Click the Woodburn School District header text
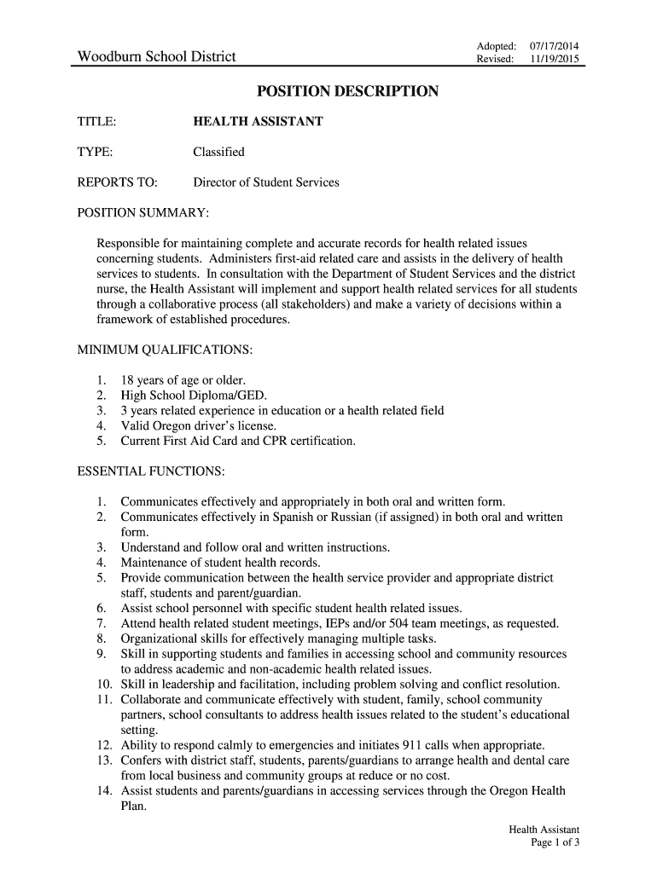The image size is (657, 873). (x=157, y=58)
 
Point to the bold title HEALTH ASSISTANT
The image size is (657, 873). (x=258, y=122)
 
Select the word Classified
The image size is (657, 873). (x=218, y=152)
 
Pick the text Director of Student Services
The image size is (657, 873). (x=266, y=182)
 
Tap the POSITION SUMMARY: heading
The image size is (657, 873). (x=143, y=212)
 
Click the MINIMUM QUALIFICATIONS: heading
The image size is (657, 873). (x=165, y=350)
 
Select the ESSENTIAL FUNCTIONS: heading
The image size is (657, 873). (x=151, y=471)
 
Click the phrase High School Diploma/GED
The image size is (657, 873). (x=194, y=396)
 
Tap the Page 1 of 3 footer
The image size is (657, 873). (x=555, y=843)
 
